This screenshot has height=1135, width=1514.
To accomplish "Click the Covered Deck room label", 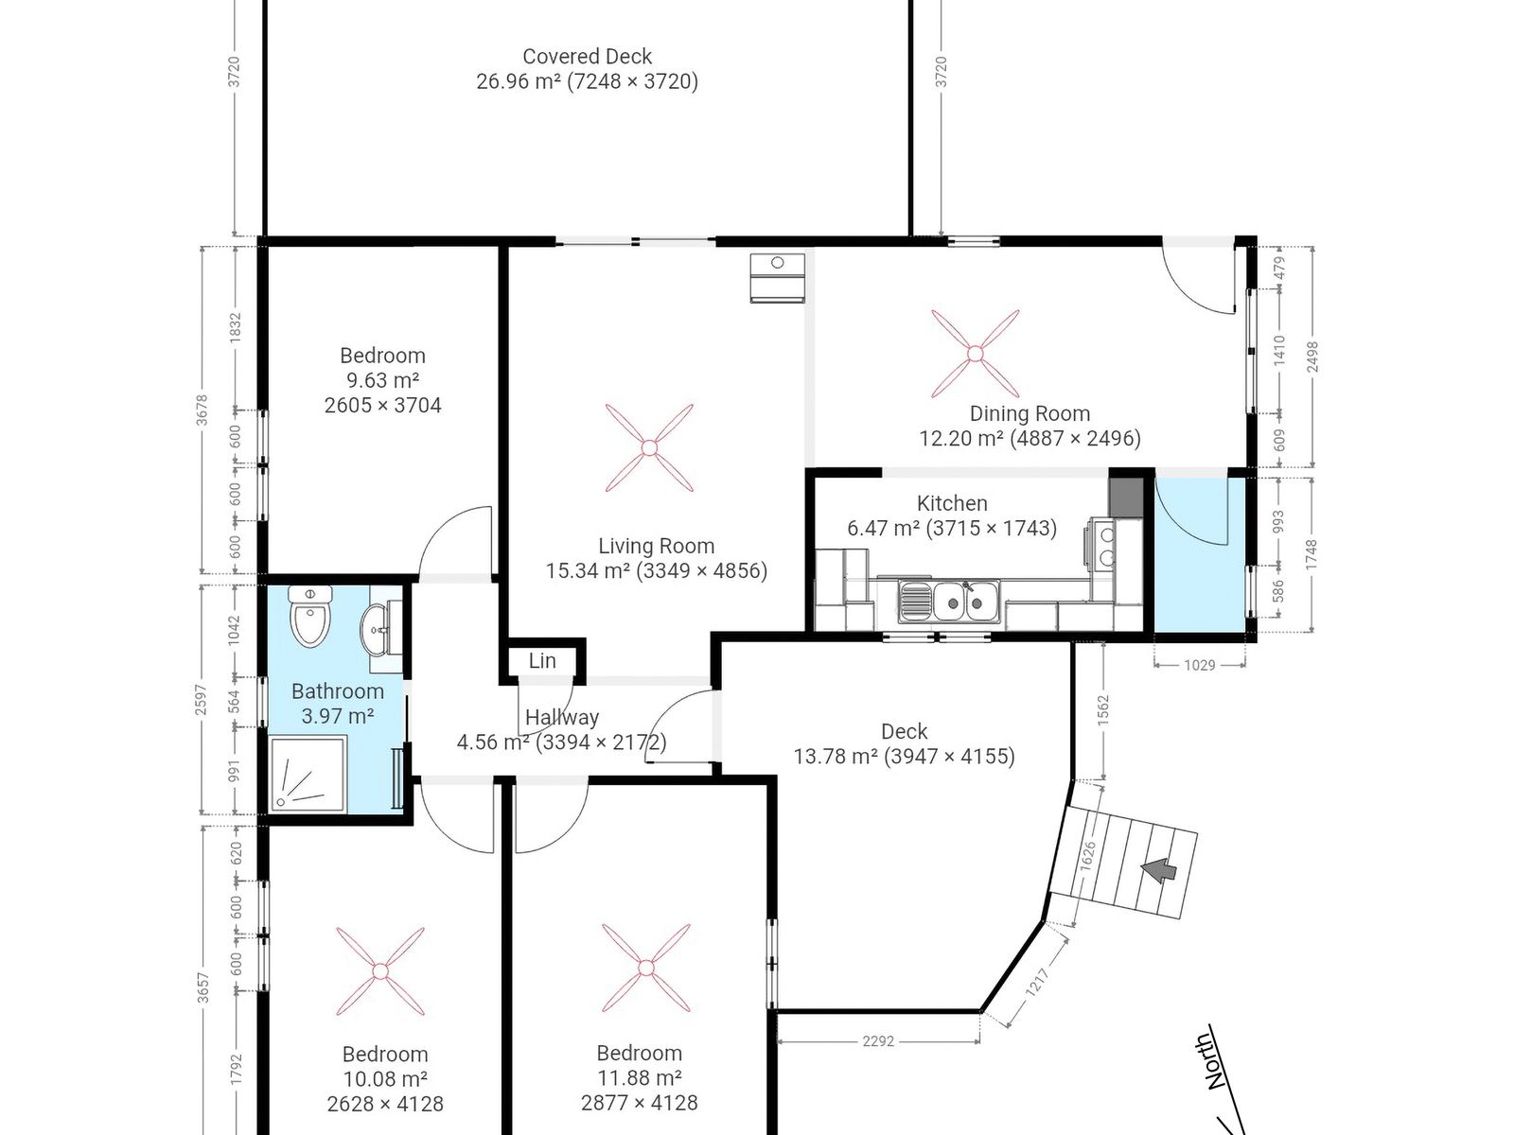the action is (587, 56).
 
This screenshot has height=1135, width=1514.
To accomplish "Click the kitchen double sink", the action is (948, 601).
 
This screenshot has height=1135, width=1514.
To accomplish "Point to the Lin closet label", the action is (542, 661).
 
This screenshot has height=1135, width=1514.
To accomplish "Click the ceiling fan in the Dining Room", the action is (975, 354).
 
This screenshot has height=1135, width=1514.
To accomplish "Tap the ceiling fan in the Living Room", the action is (649, 448).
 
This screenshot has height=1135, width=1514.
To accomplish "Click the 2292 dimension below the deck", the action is (878, 1041).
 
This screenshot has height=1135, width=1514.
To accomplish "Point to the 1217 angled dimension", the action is (1037, 982).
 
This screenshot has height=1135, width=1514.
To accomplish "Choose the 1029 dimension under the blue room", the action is (1200, 665).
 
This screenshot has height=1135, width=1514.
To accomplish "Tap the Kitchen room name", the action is (952, 503).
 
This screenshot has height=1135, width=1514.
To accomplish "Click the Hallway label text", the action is (562, 717).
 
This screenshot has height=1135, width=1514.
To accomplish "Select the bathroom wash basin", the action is (375, 627).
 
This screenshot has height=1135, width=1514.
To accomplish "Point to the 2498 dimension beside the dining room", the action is (1312, 357).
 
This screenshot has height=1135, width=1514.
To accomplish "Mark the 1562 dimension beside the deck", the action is (1103, 709).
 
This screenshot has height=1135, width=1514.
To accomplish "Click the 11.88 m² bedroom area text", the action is (640, 1078).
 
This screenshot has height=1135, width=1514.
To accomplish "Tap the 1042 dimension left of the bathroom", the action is (236, 630).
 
